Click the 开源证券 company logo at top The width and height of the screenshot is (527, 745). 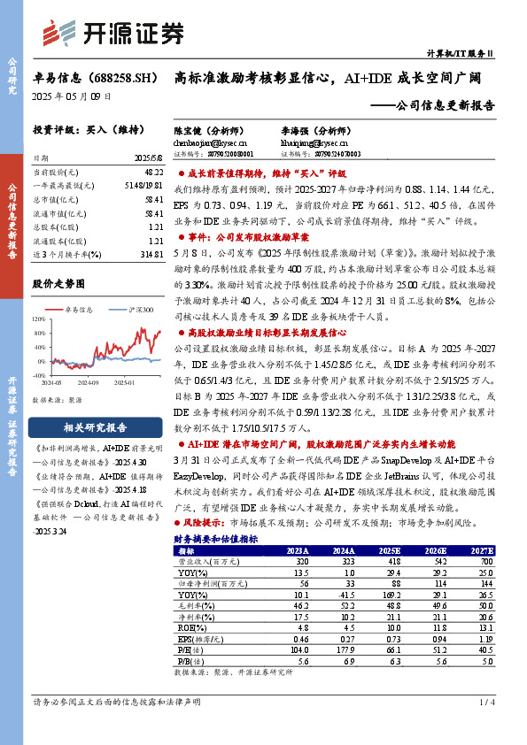(x=112, y=35)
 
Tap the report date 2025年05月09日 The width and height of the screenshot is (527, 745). (x=72, y=96)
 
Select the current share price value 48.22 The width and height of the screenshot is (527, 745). (x=152, y=171)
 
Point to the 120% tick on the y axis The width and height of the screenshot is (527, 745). (x=41, y=321)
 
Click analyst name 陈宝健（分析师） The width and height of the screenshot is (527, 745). (x=205, y=130)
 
